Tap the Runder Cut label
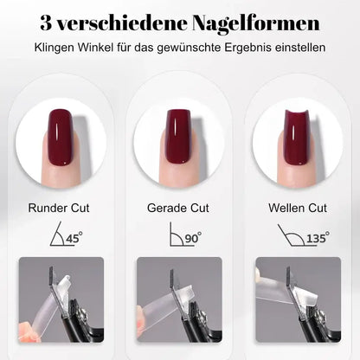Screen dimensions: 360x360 [x=60, y=208]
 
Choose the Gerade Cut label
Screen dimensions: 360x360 [x=179, y=208]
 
